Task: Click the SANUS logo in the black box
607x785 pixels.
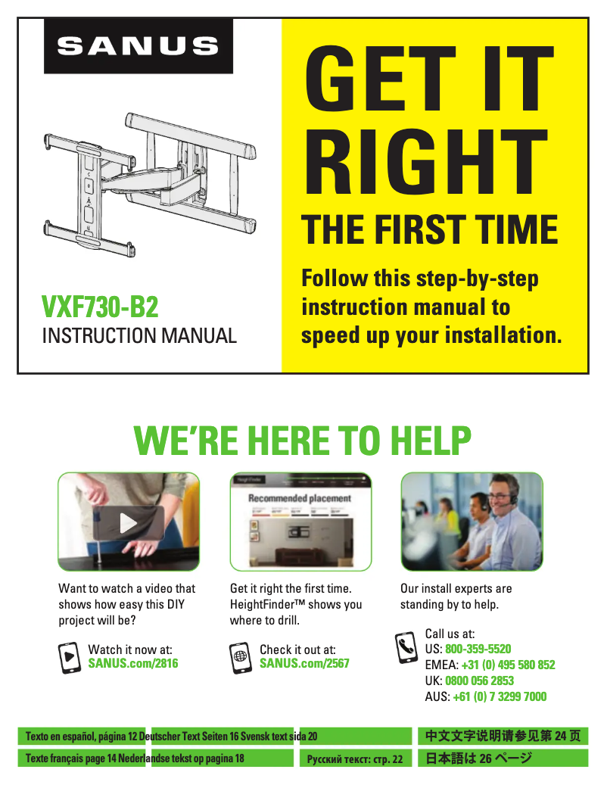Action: pos(138,46)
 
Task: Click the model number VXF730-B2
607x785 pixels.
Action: pos(100,307)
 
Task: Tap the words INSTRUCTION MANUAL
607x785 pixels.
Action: pos(139,335)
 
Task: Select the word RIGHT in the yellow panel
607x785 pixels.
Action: pos(428,162)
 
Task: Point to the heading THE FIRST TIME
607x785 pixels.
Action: pos(430,229)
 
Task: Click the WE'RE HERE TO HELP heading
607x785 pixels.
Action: pos(303,440)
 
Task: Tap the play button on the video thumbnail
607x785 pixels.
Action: pos(129,523)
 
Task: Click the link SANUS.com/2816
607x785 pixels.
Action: pos(133,664)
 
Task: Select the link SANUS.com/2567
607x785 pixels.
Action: pos(304,664)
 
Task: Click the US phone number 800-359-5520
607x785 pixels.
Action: pos(478,649)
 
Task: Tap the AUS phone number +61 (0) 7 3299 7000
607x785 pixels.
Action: pos(500,696)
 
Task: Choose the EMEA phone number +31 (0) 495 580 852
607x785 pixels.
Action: pos(508,665)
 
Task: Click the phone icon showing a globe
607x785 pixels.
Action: pos(240,656)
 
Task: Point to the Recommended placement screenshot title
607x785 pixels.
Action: pos(300,499)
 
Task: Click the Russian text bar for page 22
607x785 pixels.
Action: pos(354,759)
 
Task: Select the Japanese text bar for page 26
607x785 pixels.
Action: pos(503,759)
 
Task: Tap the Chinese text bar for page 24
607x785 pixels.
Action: pos(503,736)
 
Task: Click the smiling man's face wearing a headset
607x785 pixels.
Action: pos(500,499)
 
